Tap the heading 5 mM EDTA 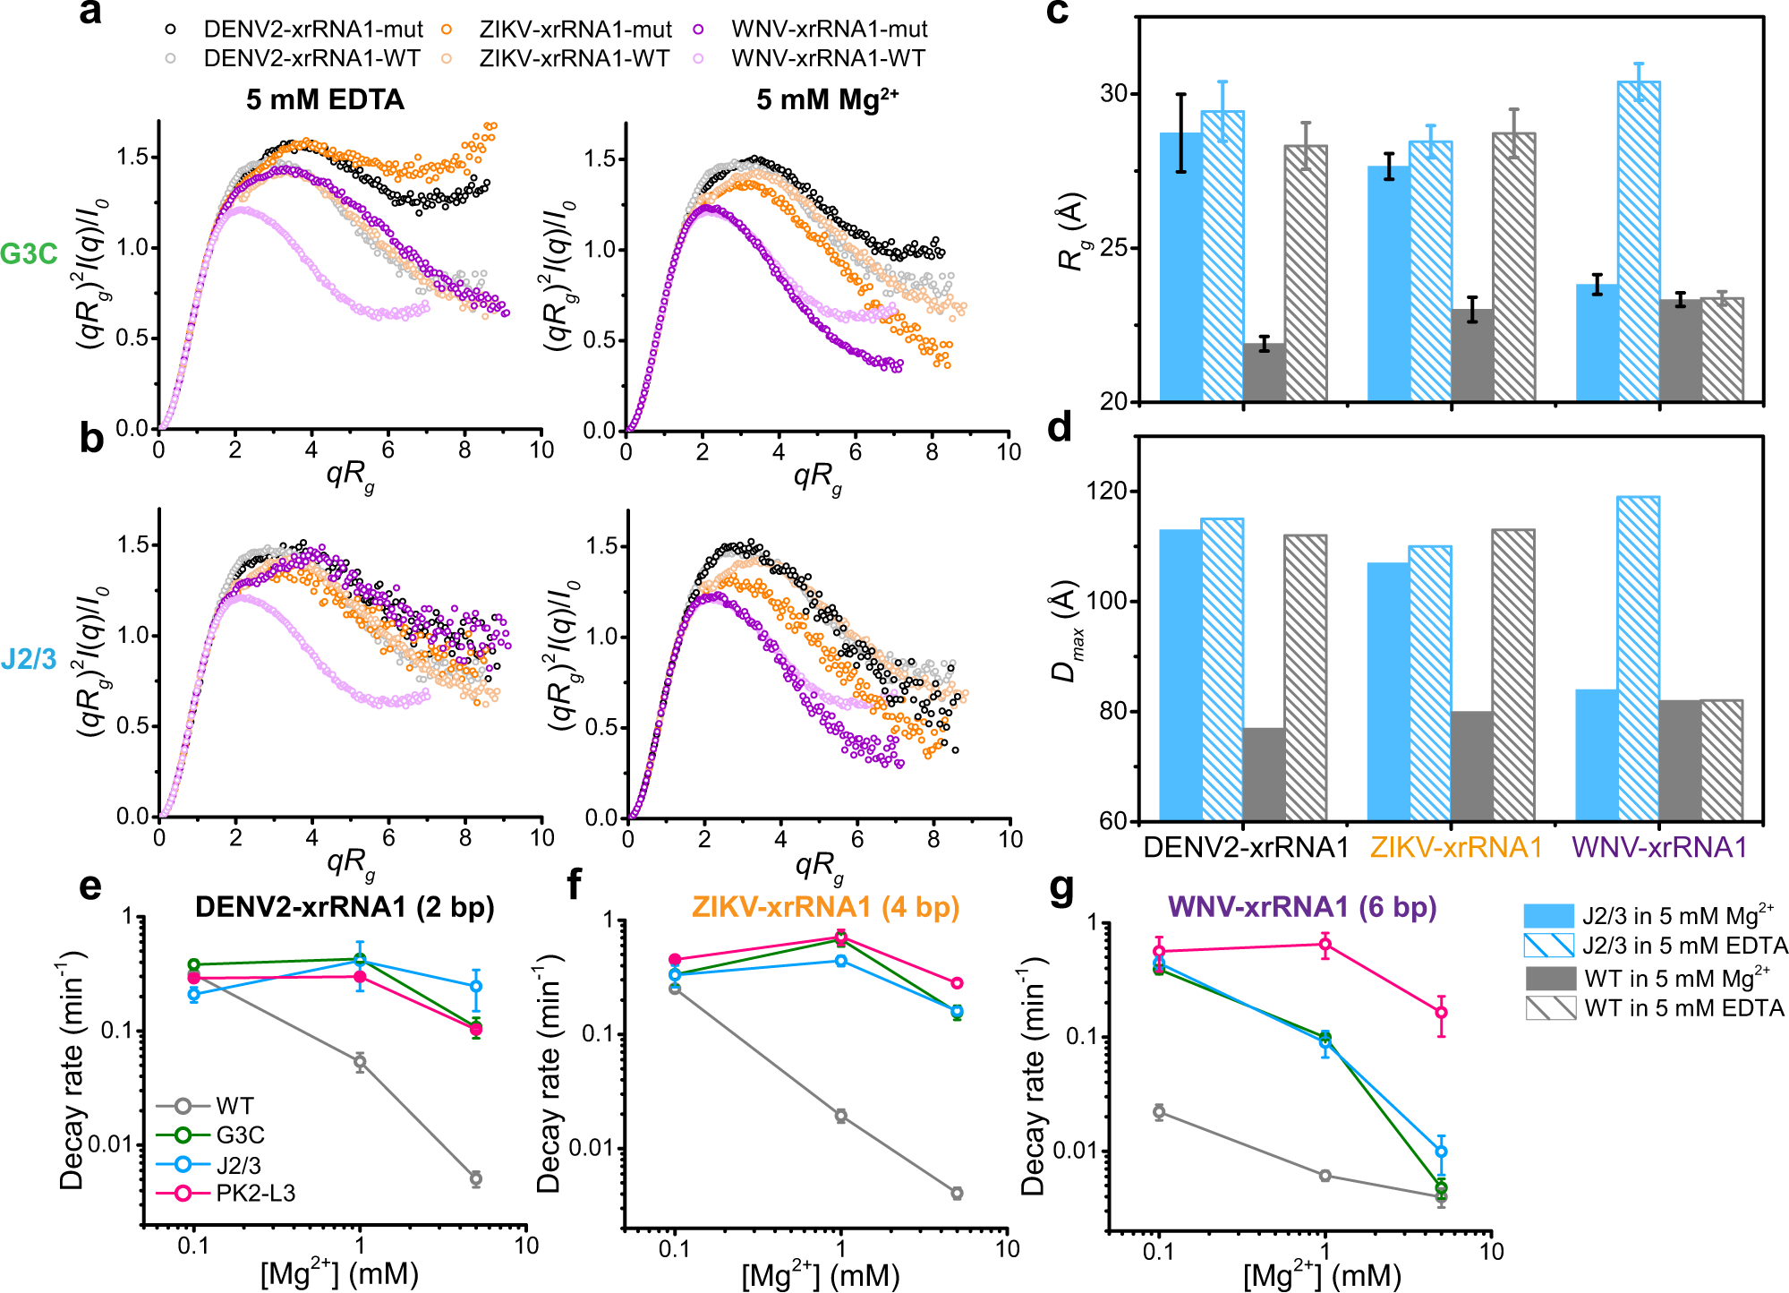325,99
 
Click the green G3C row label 29,254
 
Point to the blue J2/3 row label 29,660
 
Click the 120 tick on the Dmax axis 1110,491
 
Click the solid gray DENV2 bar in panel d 1265,774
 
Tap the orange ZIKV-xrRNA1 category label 1456,847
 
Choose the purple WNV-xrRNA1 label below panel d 1659,847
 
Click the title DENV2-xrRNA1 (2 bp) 345,907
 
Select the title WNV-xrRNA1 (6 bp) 1302,907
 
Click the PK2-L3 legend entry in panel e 254,1194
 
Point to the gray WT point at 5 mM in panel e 476,1178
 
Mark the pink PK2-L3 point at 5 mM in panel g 1441,1013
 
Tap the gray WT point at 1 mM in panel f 840,1116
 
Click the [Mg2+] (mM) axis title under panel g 1321,1275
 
